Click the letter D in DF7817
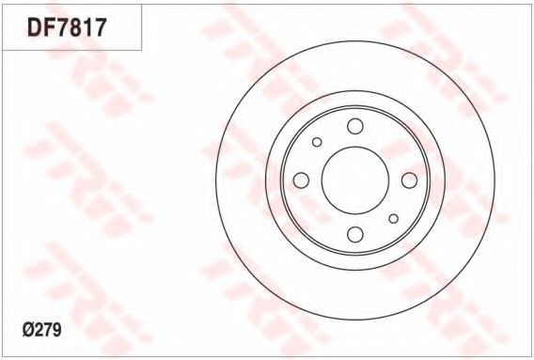click(x=35, y=27)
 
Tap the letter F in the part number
click(x=49, y=27)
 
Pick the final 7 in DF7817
click(x=101, y=27)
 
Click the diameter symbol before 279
click(x=28, y=330)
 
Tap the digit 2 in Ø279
click(x=39, y=330)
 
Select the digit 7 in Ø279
click(x=48, y=330)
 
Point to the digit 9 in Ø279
click(x=56, y=330)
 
